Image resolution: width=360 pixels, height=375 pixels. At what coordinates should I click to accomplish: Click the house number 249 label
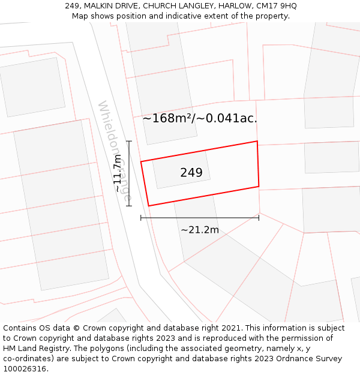click(191, 173)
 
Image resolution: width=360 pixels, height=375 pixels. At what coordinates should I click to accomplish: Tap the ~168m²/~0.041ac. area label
click(200, 118)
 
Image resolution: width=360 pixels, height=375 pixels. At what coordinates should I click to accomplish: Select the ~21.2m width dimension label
click(200, 230)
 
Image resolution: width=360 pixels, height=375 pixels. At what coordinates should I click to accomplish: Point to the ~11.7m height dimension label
click(118, 173)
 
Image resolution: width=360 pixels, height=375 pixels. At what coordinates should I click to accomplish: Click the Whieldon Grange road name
click(114, 151)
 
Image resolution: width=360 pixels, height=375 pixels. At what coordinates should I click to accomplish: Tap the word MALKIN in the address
click(100, 6)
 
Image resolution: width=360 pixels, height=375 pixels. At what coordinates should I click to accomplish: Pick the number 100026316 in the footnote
click(25, 369)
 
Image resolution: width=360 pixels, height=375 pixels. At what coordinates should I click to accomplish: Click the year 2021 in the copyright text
click(230, 328)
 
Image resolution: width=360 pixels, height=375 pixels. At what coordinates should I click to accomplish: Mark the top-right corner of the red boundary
click(257, 141)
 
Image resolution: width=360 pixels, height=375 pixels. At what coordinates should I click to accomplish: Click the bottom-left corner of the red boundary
click(148, 206)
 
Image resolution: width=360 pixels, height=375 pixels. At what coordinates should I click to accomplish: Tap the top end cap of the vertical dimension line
click(129, 141)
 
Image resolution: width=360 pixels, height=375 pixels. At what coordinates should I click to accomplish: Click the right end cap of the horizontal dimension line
click(259, 217)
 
